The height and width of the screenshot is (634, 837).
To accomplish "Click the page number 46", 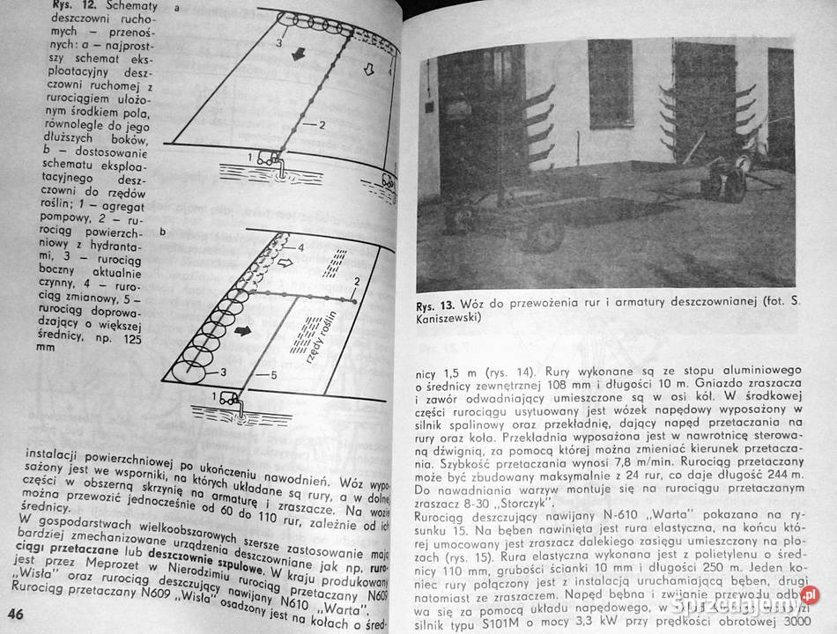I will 17,613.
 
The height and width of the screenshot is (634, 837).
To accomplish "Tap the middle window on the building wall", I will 611,84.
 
